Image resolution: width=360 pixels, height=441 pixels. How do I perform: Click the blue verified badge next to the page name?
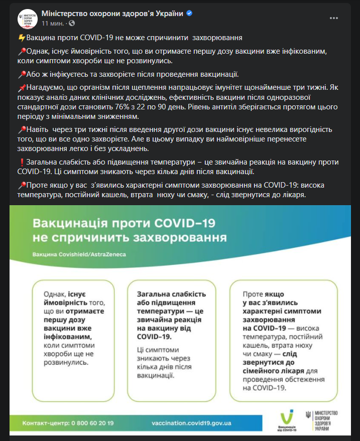[x=189, y=13]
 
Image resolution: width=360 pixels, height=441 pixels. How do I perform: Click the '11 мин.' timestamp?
[x=53, y=23]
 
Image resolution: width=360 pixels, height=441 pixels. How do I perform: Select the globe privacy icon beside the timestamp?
[x=71, y=23]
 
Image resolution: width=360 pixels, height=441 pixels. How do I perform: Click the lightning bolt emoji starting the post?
[x=21, y=38]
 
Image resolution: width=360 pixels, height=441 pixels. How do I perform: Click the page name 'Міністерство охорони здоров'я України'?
[x=112, y=13]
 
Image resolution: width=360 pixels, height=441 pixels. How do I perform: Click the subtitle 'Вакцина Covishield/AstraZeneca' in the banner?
[x=79, y=254]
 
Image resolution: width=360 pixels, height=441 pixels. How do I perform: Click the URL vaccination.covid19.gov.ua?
[x=191, y=423]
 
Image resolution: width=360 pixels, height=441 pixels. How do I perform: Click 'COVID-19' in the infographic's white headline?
[x=189, y=222]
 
